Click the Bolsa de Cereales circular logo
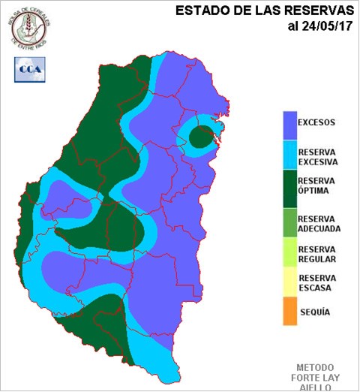[29, 25]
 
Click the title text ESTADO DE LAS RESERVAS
[263, 12]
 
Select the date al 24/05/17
[319, 28]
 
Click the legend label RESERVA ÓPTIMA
[316, 186]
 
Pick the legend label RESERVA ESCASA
[316, 282]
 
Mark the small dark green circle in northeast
[201, 137]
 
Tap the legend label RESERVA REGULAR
[316, 255]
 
